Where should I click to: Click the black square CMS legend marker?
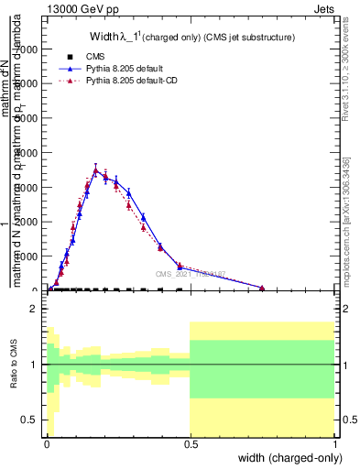(70, 56)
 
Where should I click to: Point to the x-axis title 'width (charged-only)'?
(287, 456)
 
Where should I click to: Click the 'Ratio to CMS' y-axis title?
(14, 365)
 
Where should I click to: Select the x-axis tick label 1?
(335, 444)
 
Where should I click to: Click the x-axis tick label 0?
(47, 444)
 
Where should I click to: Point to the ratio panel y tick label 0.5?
(29, 420)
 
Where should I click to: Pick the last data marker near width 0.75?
(262, 289)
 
